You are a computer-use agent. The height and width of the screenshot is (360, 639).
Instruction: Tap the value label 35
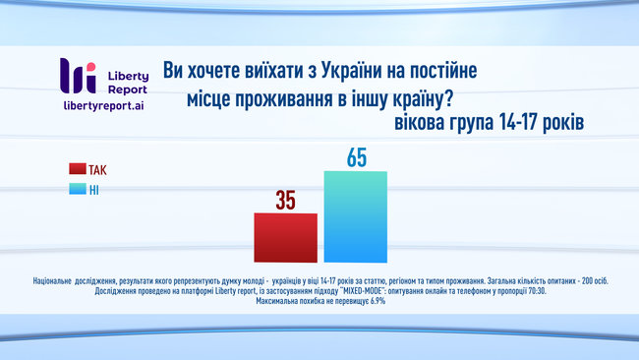pyautogui.click(x=285, y=200)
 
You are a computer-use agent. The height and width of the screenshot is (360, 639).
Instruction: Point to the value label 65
pyautogui.click(x=356, y=157)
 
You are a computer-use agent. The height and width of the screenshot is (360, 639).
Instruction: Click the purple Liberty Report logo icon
pyautogui.click(x=78, y=76)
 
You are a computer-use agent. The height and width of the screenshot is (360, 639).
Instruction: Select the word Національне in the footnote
pyautogui.click(x=64, y=281)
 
